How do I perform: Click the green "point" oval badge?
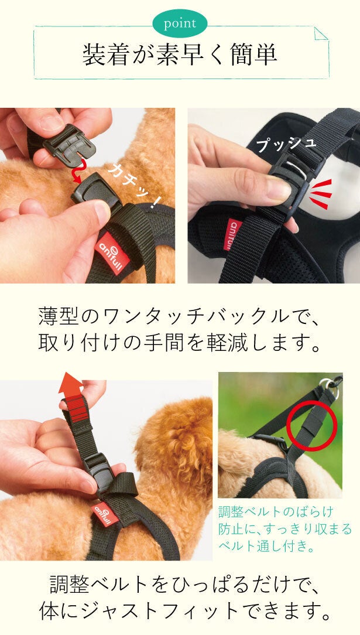180,23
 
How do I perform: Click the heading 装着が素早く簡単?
180,55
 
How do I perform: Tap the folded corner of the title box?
321,33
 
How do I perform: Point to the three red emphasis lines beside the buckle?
321,194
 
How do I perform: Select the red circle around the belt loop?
311,426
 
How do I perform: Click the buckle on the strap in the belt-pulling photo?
101,470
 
